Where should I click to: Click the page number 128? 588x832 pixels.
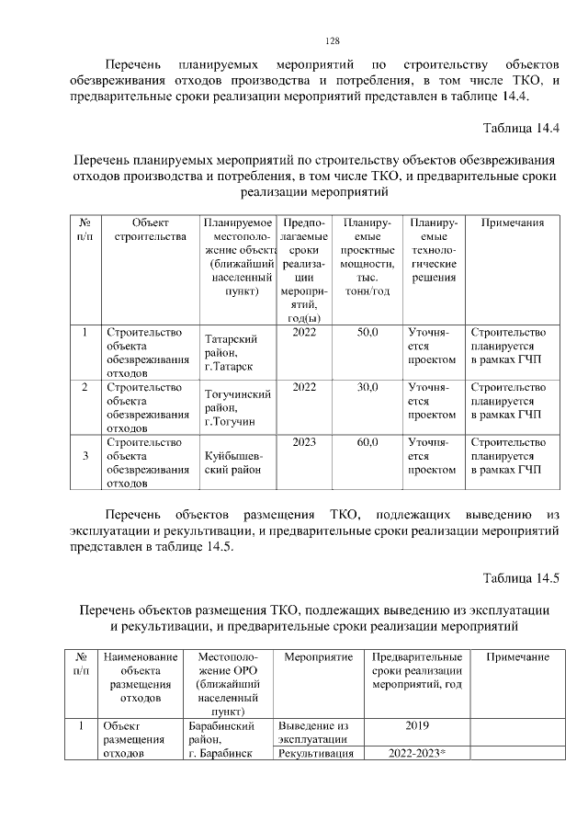tap(334, 40)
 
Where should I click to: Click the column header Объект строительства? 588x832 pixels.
tap(150, 230)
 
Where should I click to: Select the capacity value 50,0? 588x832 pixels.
tap(367, 333)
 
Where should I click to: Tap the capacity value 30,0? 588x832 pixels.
tap(367, 387)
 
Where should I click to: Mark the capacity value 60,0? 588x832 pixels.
tap(367, 442)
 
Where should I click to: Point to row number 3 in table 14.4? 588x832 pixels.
tap(85, 455)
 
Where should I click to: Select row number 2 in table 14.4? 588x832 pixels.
tap(85, 387)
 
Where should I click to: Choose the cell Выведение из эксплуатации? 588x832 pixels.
tap(311, 733)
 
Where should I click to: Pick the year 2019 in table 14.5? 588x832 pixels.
tap(418, 726)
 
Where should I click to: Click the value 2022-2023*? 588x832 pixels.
tap(418, 754)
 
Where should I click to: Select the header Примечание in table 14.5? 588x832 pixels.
tap(516, 657)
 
